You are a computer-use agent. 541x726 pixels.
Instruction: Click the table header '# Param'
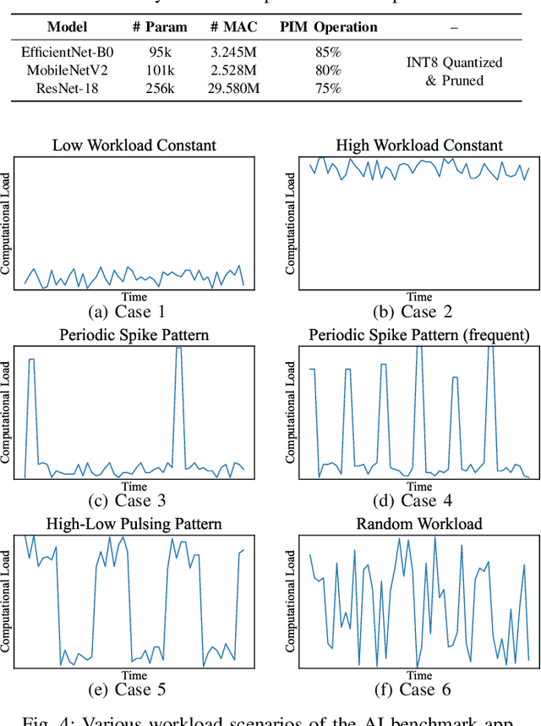coord(166,28)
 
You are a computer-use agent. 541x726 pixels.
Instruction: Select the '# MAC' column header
coord(233,28)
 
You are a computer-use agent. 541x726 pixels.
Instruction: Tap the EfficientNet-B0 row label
coord(67,52)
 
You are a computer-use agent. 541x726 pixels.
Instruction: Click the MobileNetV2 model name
coord(67,69)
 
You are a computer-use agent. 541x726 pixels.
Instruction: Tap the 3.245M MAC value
coord(233,52)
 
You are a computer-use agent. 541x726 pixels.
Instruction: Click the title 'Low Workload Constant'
coord(134,146)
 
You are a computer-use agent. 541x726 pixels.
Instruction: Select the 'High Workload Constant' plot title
coord(419,146)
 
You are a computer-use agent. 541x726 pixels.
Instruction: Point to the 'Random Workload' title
coord(419,525)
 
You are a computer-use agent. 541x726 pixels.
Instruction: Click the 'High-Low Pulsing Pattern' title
coord(134,525)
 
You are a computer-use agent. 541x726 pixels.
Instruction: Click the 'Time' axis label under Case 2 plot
coord(419,297)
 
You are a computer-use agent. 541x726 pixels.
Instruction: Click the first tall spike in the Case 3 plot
coord(31,360)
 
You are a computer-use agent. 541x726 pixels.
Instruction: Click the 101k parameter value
coord(166,69)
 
